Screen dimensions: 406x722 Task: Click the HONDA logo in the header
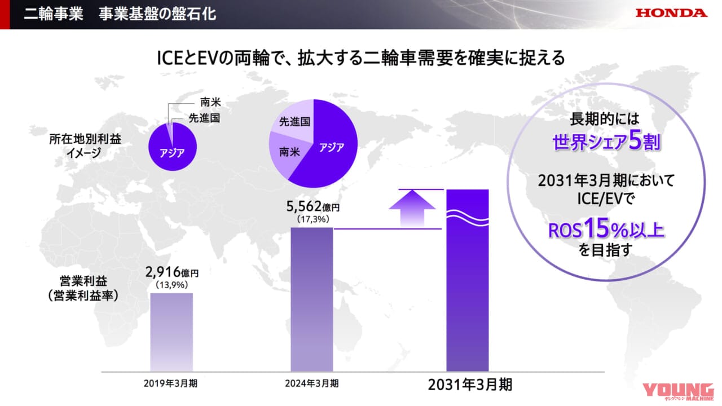pyautogui.click(x=671, y=13)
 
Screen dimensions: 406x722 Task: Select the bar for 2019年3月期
pyautogui.click(x=171, y=332)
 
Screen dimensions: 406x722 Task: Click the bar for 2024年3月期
pyautogui.click(x=312, y=299)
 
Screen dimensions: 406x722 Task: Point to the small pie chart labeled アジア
pyautogui.click(x=173, y=148)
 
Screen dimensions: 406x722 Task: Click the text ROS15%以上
pyautogui.click(x=606, y=229)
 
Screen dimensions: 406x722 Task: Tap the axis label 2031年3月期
pyautogui.click(x=470, y=385)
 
